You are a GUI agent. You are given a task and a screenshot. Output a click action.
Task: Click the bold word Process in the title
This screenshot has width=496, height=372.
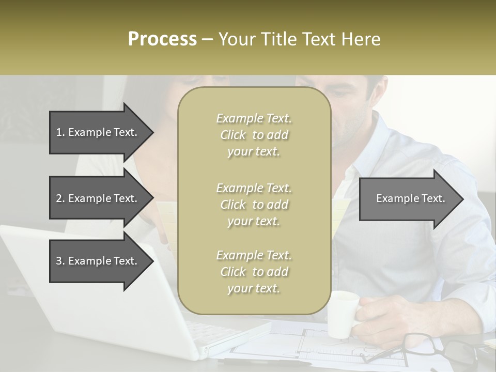pyautogui.click(x=162, y=39)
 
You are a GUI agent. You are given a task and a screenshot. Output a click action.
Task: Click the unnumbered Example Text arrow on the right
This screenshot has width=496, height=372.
pyautogui.click(x=411, y=198)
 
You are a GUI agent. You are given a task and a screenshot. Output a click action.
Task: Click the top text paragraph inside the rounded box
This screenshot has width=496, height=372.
pyautogui.click(x=254, y=135)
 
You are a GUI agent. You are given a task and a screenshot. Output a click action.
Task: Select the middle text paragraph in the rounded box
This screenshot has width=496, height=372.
pyautogui.click(x=254, y=205)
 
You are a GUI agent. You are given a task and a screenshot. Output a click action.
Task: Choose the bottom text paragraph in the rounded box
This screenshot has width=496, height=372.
pyautogui.click(x=254, y=272)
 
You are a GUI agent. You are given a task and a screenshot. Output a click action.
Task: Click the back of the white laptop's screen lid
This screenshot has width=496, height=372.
pyautogui.click(x=83, y=289)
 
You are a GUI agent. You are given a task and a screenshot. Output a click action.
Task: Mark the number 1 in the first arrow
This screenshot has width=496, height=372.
pyautogui.click(x=59, y=132)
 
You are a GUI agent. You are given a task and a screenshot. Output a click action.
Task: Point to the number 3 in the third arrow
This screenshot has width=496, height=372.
pyautogui.click(x=59, y=261)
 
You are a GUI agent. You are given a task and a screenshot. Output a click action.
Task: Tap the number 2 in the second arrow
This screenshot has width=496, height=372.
pyautogui.click(x=59, y=198)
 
